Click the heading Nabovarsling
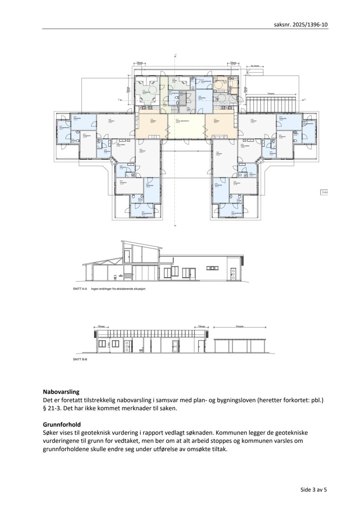pyautogui.click(x=61, y=392)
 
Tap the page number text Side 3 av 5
pyautogui.click(x=313, y=489)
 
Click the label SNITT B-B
pyautogui.click(x=81, y=360)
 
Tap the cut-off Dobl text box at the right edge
pyautogui.click(x=324, y=193)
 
